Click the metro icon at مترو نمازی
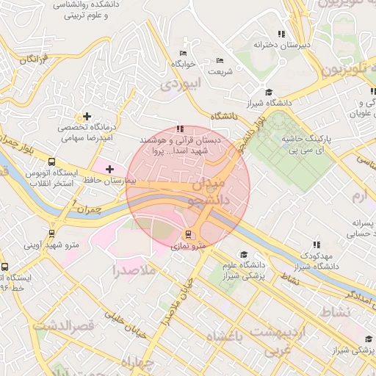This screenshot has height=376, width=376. tap(189, 235)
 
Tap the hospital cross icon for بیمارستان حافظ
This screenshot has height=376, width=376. tap(109, 170)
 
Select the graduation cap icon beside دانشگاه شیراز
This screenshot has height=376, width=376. tap(269, 93)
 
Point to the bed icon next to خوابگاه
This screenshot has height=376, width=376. tap(183, 53)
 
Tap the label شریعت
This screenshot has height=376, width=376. tap(220, 71)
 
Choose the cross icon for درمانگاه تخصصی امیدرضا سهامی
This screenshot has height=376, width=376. tap(87, 116)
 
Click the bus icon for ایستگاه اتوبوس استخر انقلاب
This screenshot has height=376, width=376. tap(51, 162)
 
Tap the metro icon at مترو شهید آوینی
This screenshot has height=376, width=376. tap(51, 234)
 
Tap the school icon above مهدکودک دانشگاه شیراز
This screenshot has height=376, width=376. tap(317, 245)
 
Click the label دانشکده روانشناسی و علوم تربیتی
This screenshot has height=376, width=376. tap(80, 10)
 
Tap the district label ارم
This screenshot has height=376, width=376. tap(358, 195)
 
